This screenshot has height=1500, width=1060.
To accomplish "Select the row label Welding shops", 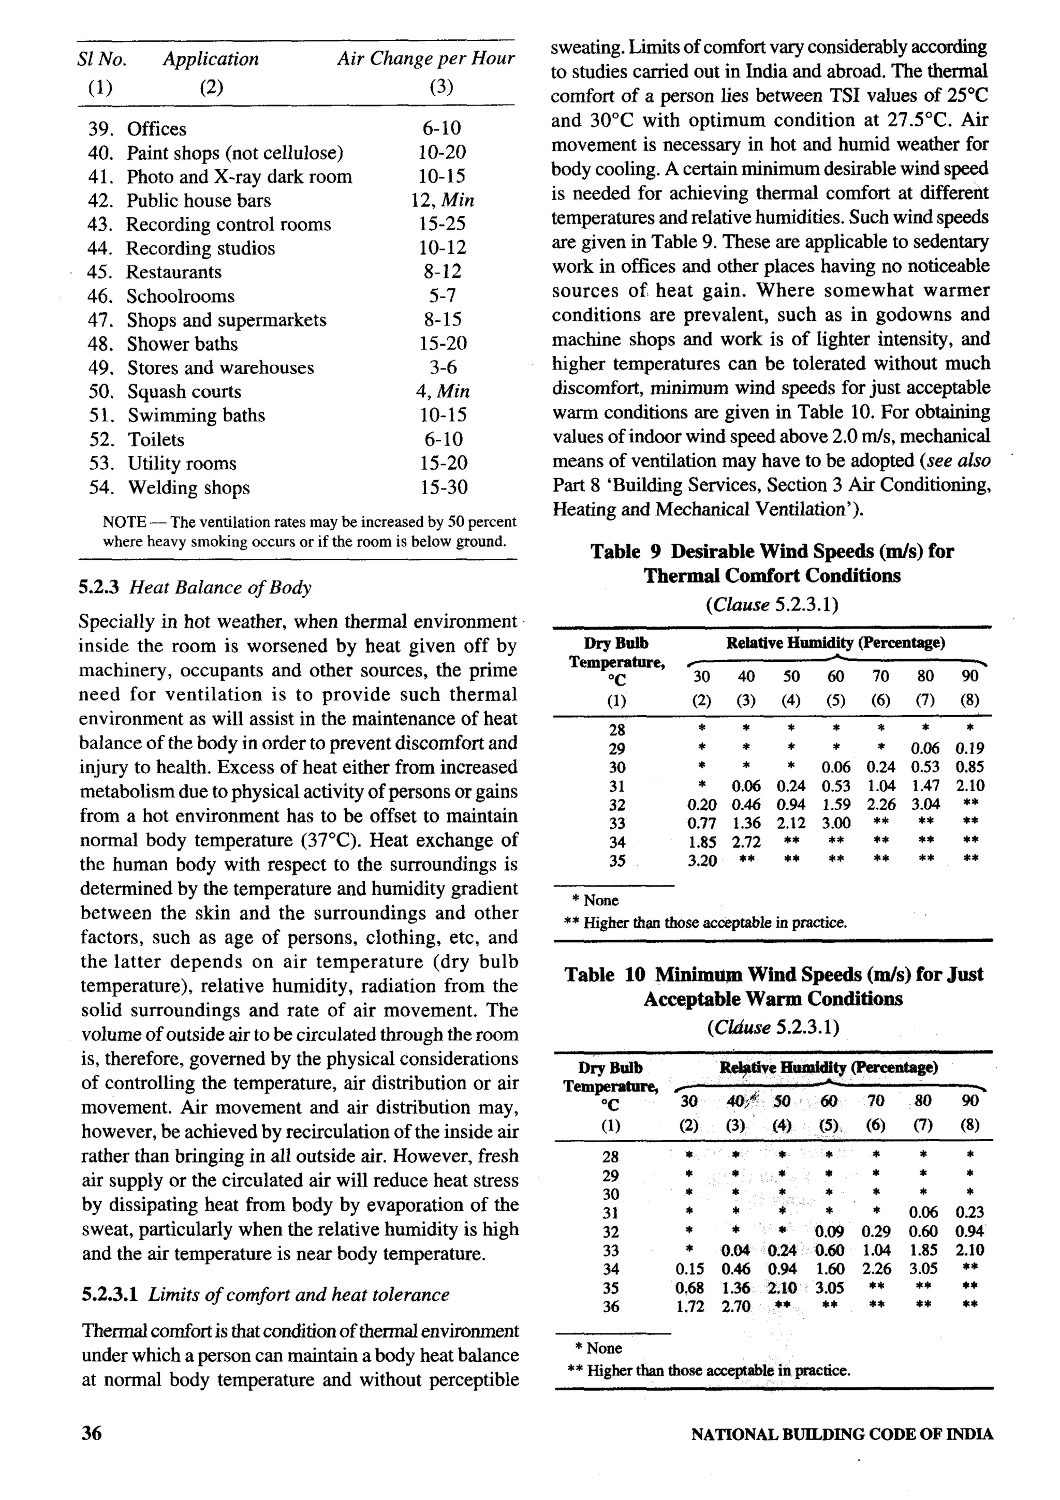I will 188,488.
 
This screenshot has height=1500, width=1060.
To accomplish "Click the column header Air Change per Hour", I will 425,59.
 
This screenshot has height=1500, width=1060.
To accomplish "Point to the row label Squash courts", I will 184,392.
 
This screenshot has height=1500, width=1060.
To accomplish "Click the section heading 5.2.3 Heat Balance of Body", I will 195,587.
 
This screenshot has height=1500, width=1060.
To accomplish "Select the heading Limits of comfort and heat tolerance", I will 299,1295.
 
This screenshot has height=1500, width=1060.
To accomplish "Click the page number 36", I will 92,1433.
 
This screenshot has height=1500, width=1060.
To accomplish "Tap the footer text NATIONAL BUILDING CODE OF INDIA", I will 842,1435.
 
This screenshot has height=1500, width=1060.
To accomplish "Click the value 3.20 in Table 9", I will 702,862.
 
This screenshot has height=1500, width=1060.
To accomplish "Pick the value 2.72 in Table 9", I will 746,843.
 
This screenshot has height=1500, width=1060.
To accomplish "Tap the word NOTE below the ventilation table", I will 124,523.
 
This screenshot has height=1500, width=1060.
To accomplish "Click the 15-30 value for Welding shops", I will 443,487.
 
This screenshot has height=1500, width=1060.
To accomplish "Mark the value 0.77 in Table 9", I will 702,824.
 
